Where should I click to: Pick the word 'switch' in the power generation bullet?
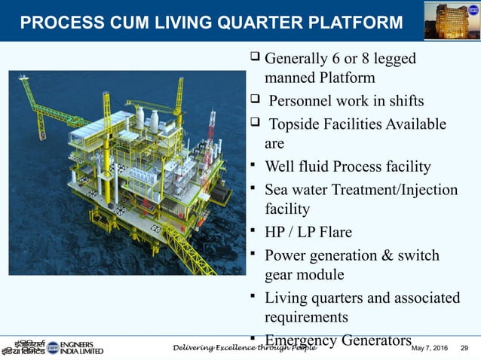coord(413,255)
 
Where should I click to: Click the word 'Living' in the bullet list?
coord(286,297)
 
